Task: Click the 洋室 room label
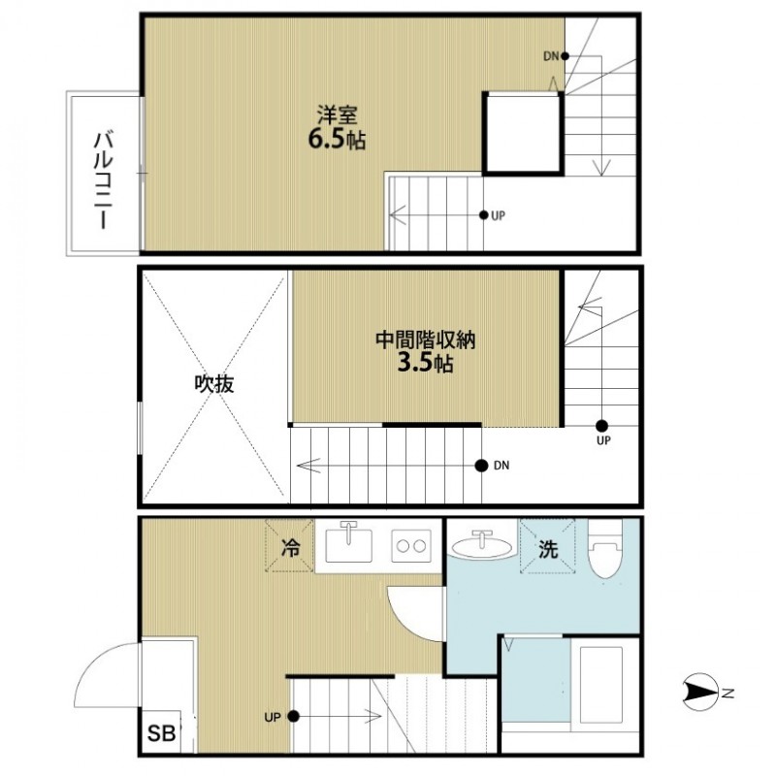(x=335, y=113)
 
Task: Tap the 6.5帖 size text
(x=336, y=140)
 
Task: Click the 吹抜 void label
(x=213, y=384)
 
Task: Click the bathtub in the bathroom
(x=604, y=684)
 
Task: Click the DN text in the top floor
(x=550, y=55)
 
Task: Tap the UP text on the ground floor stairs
(x=272, y=717)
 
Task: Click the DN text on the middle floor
(x=501, y=466)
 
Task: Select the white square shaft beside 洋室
(x=523, y=133)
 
